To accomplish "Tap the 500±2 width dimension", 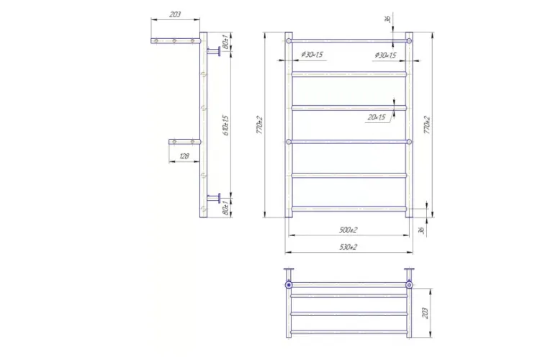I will tap(348, 230).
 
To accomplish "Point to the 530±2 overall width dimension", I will tap(348, 247).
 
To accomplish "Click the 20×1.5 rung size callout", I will tap(377, 117).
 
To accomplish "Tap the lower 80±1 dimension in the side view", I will tap(225, 209).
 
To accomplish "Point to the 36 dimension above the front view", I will tap(387, 19).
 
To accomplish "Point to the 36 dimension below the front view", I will tap(420, 230).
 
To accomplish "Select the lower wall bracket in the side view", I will tap(214, 197).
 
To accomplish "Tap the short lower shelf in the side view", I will tap(184, 142).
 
